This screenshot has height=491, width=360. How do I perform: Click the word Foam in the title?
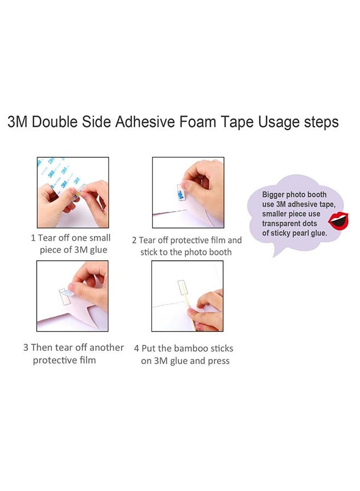click(197, 122)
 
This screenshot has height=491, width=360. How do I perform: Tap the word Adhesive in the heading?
click(145, 122)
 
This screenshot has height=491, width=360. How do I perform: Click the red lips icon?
click(338, 221)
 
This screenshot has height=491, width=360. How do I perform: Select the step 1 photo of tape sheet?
click(73, 192)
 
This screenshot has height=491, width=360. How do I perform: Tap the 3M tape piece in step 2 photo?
click(181, 192)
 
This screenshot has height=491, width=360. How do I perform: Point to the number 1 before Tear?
click(33, 238)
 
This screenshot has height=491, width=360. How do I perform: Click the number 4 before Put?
click(136, 349)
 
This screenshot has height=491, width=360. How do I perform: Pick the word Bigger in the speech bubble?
click(273, 195)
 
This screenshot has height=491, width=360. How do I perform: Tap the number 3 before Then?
click(26, 348)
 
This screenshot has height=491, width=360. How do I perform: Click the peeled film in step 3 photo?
click(67, 294)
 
